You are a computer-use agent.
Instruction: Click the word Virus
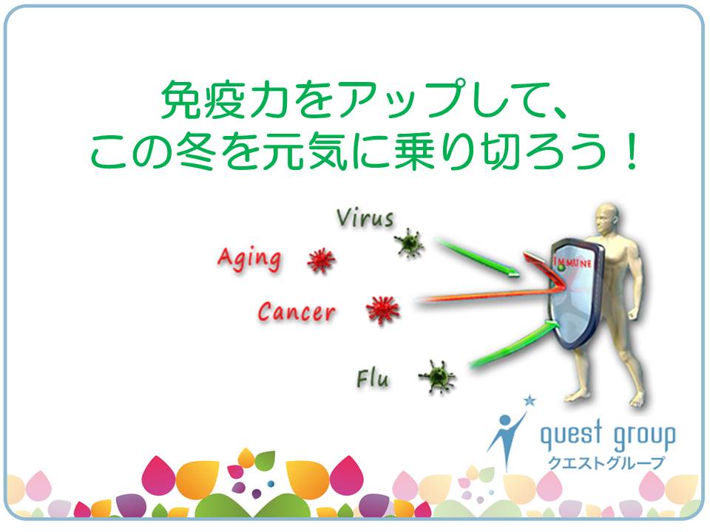365,218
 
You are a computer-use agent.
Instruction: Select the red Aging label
249,259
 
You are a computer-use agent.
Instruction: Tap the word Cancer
297,312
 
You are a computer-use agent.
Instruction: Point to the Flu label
372,378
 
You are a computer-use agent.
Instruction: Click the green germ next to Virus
409,243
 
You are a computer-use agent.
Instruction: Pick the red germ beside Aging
321,261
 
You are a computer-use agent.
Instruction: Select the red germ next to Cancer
383,310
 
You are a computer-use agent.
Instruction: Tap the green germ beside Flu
437,376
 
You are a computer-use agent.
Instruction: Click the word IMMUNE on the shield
572,262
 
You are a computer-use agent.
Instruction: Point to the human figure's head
606,219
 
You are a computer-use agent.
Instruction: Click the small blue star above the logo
530,400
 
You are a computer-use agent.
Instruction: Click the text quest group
608,434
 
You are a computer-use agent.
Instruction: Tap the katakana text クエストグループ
606,463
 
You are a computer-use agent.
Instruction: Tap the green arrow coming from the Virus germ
477,257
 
